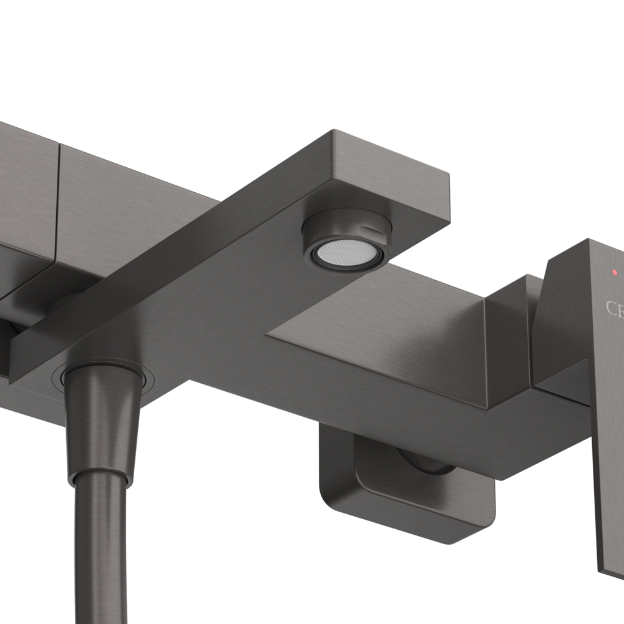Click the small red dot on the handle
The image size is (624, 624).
(615, 273)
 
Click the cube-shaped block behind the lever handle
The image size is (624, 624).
(509, 337)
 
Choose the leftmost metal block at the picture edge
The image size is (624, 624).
(25, 187)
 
